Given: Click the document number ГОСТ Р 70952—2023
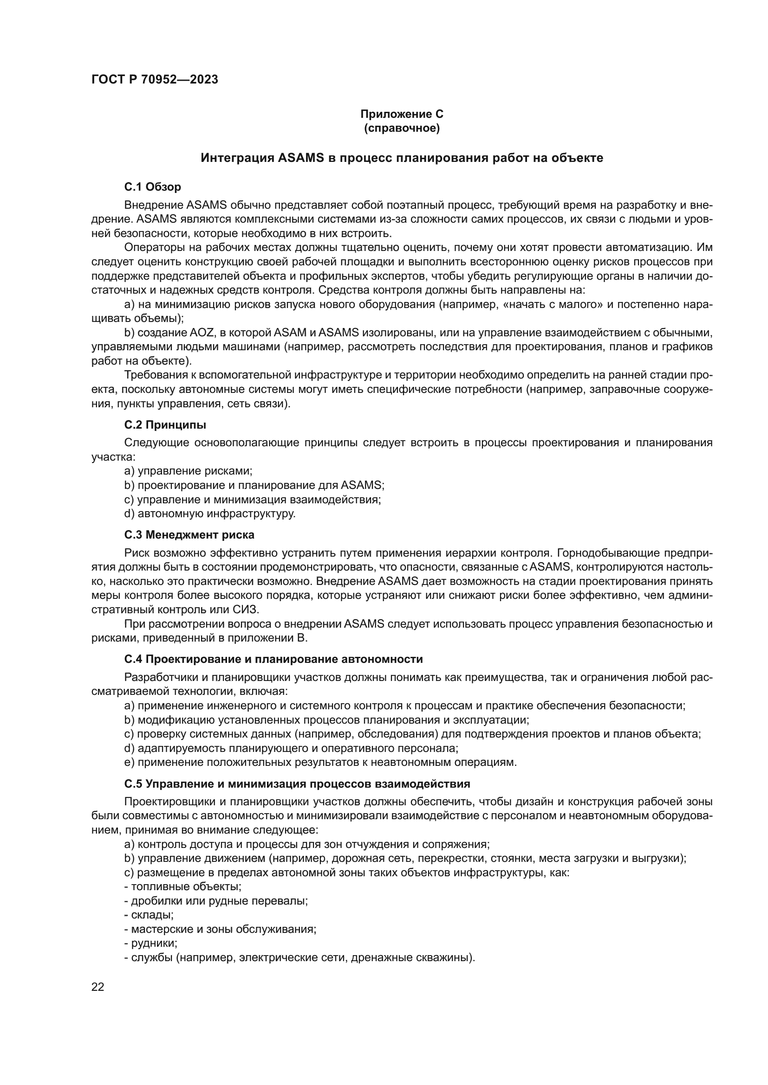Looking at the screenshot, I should click(155, 80).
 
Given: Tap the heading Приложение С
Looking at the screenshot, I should click(402, 114).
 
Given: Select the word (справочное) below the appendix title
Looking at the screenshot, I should click(402, 128).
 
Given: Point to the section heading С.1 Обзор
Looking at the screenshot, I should click(152, 187).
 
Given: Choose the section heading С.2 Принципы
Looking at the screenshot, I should click(165, 425).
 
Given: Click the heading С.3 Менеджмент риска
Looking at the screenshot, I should click(189, 535).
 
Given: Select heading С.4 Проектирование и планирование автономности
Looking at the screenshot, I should click(273, 659).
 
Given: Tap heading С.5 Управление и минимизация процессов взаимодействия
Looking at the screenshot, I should click(297, 784).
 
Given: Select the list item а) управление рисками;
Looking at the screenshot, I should click(188, 471).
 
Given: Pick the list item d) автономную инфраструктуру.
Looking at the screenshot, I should click(209, 514).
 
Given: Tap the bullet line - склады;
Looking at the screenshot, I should click(149, 915).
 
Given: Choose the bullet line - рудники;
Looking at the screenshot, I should click(151, 943).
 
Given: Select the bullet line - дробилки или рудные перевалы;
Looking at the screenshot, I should click(216, 901).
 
